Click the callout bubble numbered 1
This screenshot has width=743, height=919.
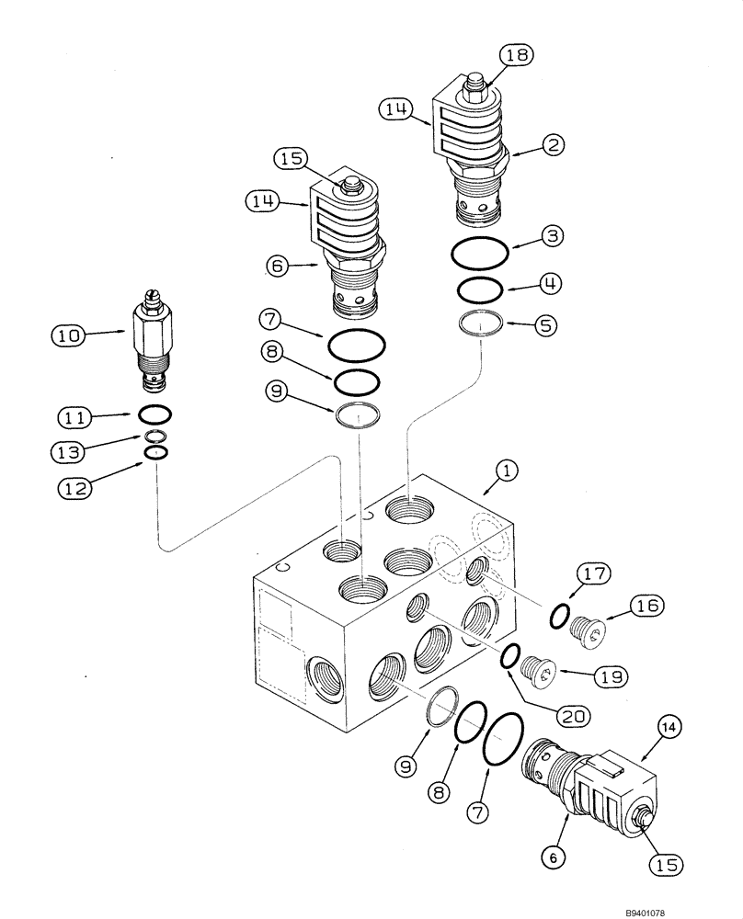pos(508,471)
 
